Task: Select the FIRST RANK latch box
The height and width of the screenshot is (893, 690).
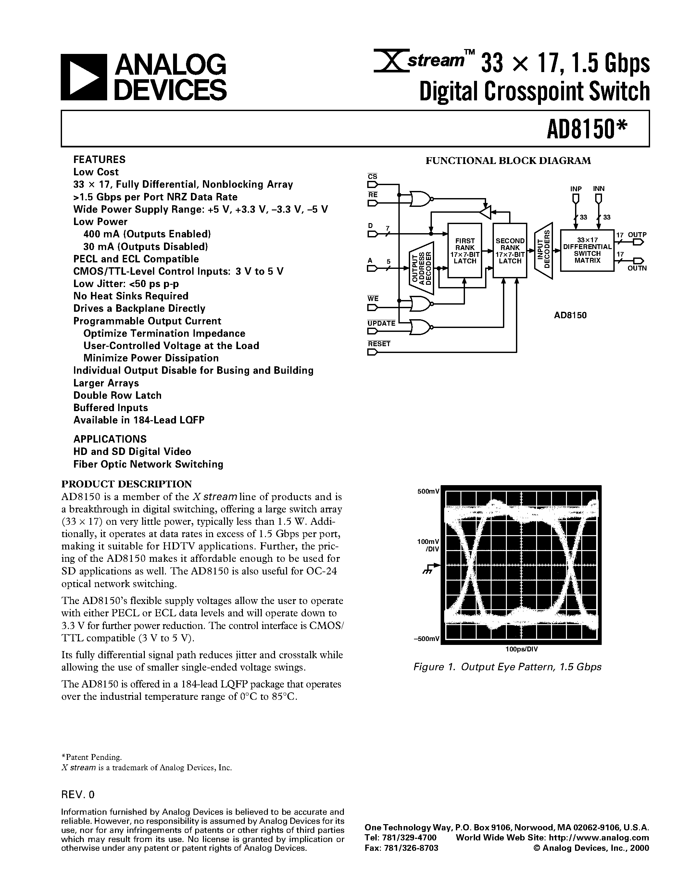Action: pyautogui.click(x=465, y=251)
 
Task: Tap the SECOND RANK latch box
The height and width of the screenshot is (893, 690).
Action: pyautogui.click(x=510, y=251)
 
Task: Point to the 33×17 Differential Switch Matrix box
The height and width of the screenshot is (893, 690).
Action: pyautogui.click(x=587, y=250)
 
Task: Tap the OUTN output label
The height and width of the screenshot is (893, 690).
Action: pyautogui.click(x=637, y=268)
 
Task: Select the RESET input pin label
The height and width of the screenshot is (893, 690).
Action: pyautogui.click(x=379, y=344)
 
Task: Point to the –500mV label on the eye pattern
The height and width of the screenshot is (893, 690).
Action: pyautogui.click(x=426, y=639)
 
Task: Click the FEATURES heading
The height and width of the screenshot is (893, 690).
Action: pyautogui.click(x=99, y=159)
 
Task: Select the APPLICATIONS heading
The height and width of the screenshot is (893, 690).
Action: pyautogui.click(x=109, y=439)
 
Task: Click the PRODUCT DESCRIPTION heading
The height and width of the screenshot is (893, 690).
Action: pyautogui.click(x=126, y=484)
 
